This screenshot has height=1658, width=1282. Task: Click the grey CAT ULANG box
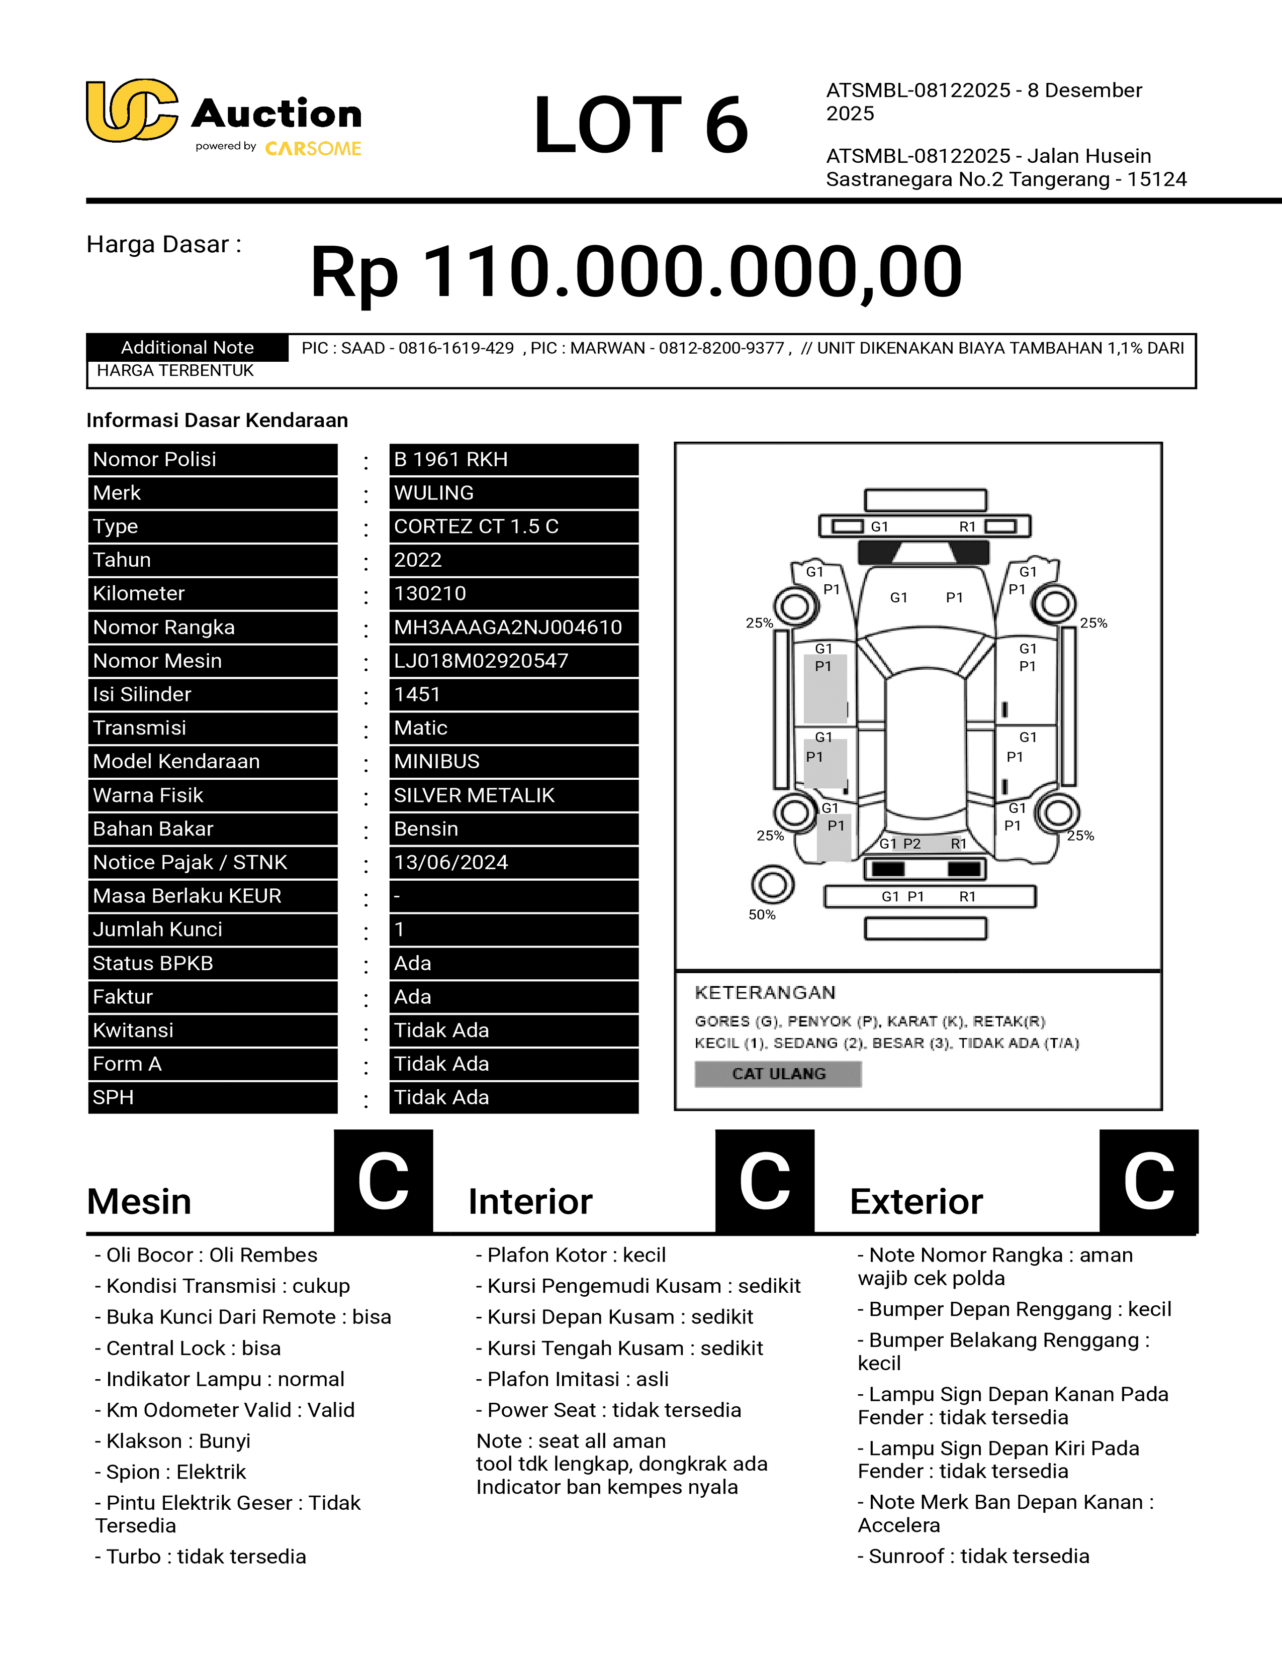coord(778,1074)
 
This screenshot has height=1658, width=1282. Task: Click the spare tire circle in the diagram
coord(772,884)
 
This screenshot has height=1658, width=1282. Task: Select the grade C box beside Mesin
coord(384,1181)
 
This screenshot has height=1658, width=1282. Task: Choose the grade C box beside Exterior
coord(1148,1181)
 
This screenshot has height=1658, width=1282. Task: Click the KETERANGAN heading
coord(765,992)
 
